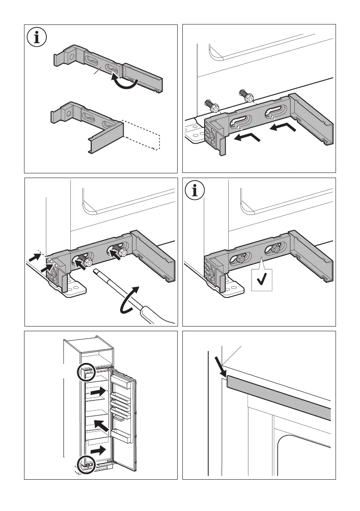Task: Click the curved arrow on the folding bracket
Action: click(x=125, y=82)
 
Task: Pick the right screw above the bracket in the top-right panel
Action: click(x=246, y=96)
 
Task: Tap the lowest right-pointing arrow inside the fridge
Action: click(x=98, y=450)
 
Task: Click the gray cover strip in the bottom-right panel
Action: click(x=279, y=393)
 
